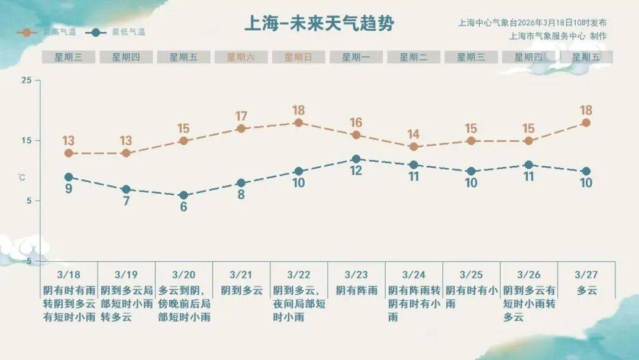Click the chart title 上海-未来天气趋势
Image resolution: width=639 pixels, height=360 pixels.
[x=319, y=24]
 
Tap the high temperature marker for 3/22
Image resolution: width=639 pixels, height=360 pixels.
[x=299, y=123]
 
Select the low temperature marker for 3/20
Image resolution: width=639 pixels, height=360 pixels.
[x=183, y=195]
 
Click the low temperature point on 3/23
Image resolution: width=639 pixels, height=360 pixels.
[x=356, y=159]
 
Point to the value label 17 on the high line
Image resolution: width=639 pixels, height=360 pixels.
[x=241, y=116]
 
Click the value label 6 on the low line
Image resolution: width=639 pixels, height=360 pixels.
[x=183, y=207]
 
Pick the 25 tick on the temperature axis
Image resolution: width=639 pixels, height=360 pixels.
[x=27, y=80]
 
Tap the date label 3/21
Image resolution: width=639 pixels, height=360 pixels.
[x=241, y=275]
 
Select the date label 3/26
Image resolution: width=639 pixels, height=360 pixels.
[x=529, y=275]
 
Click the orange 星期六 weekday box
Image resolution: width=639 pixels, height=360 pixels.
[x=241, y=57]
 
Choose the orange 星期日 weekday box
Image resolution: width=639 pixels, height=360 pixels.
[x=298, y=57]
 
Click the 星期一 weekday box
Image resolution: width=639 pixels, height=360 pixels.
[x=356, y=57]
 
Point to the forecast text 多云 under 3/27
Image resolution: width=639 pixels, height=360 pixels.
[x=587, y=291]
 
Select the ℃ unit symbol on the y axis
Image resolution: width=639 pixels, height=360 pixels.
[x=21, y=177]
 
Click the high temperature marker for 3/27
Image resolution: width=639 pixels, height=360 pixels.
[x=586, y=123]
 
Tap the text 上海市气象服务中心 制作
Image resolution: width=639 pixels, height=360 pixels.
[x=557, y=36]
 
